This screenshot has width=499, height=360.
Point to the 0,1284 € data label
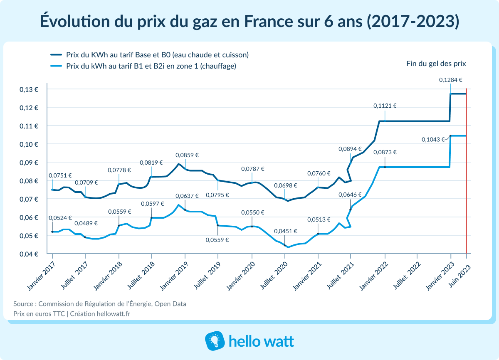(x=451, y=80)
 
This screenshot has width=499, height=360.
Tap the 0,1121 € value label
(x=385, y=106)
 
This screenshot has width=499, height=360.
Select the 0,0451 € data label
(x=285, y=231)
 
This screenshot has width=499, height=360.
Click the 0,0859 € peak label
(x=187, y=155)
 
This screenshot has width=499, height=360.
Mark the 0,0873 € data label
(x=385, y=152)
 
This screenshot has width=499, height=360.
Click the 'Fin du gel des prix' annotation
(x=436, y=64)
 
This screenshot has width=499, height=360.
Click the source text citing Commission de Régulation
(x=100, y=304)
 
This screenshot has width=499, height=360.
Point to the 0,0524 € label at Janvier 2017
(x=60, y=217)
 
